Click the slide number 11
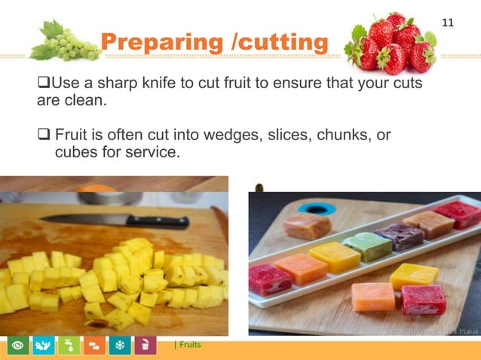pos(447,23)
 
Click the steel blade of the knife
pos(83,219)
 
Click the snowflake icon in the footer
pos(118,346)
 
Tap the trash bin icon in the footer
pos(143,346)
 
